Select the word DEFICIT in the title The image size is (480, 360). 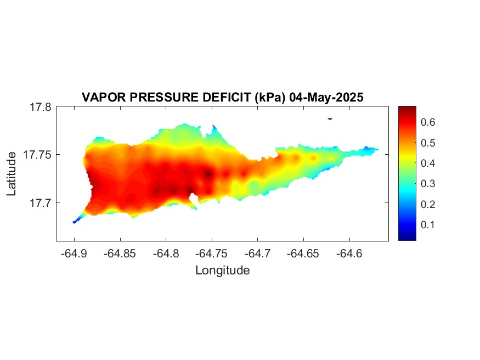[227, 97]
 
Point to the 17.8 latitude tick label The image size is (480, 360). [41, 107]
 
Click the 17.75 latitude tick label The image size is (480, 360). [37, 155]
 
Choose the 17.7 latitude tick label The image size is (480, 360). [41, 203]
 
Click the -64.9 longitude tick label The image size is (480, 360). [74, 254]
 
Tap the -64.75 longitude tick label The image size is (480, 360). [212, 254]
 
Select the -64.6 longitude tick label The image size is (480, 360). [349, 254]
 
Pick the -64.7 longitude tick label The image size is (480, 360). [257, 254]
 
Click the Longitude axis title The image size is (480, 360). [223, 271]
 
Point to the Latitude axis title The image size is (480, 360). [12, 173]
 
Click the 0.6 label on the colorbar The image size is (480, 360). [428, 122]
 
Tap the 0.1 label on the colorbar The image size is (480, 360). [428, 224]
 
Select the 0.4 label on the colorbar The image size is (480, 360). [428, 163]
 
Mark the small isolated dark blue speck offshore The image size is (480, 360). [330, 119]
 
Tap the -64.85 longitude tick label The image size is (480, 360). [120, 254]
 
